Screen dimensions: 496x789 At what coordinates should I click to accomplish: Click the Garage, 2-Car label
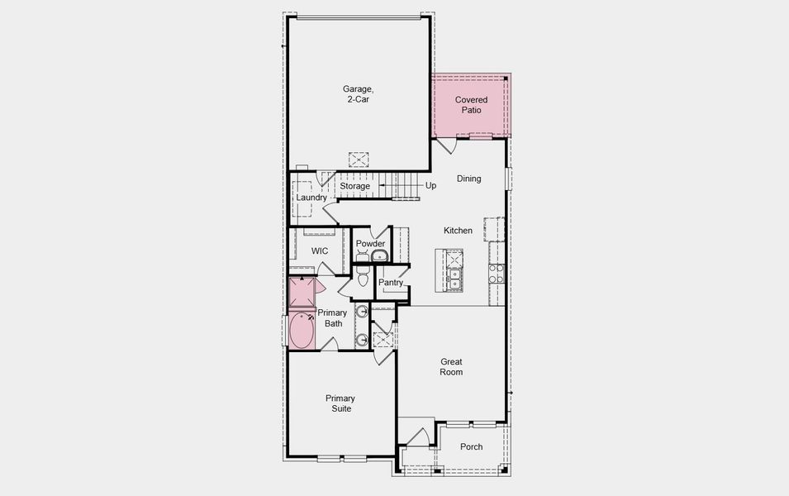click(358, 94)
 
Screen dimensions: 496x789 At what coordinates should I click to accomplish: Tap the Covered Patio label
click(471, 105)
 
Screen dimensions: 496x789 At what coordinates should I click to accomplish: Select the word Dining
click(468, 179)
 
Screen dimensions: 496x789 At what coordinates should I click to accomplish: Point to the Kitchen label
click(458, 231)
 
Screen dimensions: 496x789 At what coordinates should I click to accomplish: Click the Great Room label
click(451, 367)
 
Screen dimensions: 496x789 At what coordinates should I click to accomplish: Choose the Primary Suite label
click(339, 403)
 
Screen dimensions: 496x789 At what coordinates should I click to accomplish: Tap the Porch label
click(471, 447)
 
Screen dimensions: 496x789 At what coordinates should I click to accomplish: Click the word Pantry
click(391, 283)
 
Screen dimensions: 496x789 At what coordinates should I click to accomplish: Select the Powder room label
click(370, 244)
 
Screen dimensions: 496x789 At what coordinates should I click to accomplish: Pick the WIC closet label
click(320, 250)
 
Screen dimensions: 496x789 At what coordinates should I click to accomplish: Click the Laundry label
click(311, 198)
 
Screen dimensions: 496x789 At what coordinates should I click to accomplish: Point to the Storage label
click(355, 186)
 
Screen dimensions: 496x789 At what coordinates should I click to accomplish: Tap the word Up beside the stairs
click(430, 186)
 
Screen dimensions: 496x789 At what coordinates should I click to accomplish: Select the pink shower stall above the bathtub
click(301, 293)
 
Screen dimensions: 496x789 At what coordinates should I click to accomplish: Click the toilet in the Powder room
click(363, 276)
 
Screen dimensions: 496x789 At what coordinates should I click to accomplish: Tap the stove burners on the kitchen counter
click(496, 274)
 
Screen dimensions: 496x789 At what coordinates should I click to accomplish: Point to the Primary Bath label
click(332, 317)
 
